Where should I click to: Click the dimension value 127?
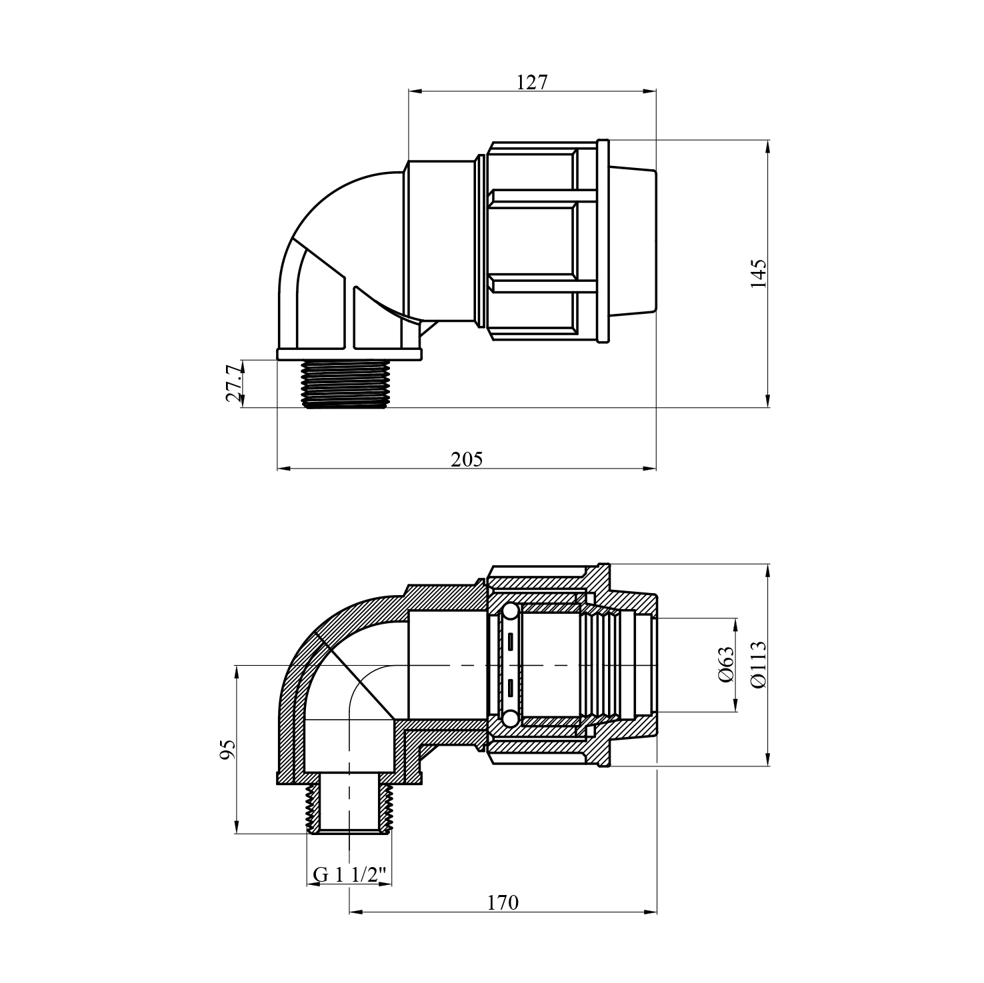coord(532,82)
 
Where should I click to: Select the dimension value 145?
coord(759,273)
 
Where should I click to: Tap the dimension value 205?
coord(467,459)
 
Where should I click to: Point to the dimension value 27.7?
coord(233,384)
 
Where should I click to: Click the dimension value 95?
coord(228,750)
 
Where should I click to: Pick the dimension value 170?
coord(503,902)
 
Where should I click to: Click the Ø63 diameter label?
coord(726,665)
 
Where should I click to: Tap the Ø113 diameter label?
coord(759,665)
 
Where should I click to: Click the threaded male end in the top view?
coord(345,384)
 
